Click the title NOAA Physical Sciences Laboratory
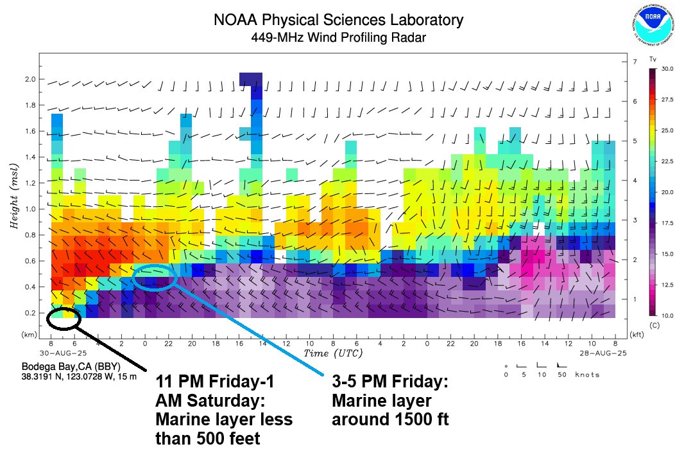tap(337, 21)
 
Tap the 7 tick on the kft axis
tap(633, 61)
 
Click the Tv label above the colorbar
tap(653, 59)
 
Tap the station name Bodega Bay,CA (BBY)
tap(71, 367)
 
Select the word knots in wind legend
tap(587, 374)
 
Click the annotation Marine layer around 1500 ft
tap(389, 402)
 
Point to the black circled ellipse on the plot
tap(63, 317)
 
